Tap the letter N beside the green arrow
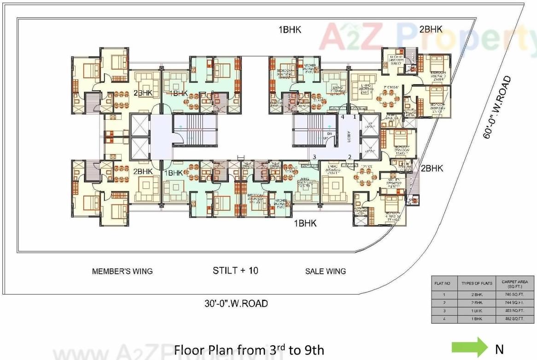pos(499,349)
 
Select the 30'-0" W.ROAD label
pos(236,303)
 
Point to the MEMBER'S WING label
pos(122,271)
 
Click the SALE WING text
pos(325,271)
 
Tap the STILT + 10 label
pos(235,270)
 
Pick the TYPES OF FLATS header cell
pos(477,283)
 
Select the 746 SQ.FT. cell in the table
pos(515,294)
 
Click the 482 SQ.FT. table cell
pos(515,319)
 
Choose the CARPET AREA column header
pos(515,283)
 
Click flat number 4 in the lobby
pos(342,117)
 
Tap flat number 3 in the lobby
pos(314,157)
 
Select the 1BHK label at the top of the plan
pos(289,30)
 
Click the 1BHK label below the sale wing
pos(306,223)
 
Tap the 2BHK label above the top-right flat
pos(431,29)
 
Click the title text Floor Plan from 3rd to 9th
pos(249,350)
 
